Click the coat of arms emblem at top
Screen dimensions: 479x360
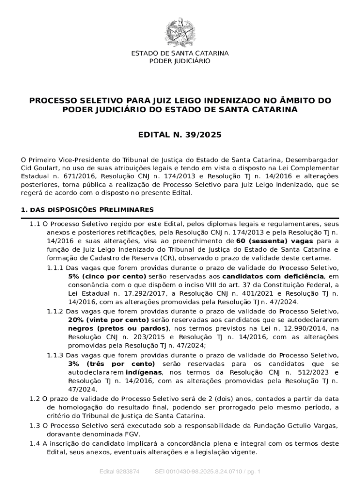(180, 32)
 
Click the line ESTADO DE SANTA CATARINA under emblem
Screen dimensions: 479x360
(180, 53)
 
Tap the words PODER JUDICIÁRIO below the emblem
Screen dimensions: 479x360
(180, 61)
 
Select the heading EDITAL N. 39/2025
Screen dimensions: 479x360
(180, 135)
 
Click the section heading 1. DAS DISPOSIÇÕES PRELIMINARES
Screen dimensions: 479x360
(87, 209)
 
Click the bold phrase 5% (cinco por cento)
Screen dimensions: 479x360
(107, 276)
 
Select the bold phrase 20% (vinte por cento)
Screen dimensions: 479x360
(108, 319)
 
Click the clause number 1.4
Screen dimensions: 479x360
(35, 443)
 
